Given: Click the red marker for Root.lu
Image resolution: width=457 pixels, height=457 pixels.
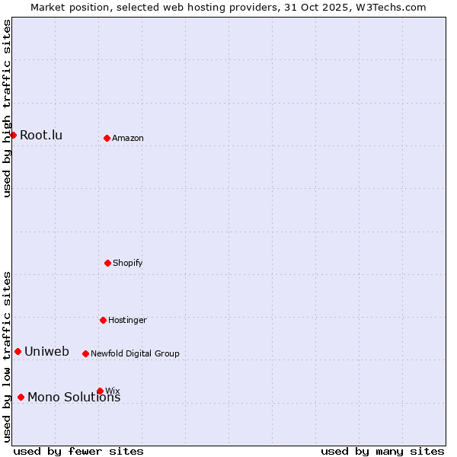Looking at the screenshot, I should click(13, 135).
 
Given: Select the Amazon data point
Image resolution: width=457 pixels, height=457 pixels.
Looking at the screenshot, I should click(107, 138).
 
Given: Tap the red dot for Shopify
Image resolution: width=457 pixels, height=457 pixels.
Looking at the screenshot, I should click(107, 263).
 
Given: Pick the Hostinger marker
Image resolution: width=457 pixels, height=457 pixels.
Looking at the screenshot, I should click(103, 320).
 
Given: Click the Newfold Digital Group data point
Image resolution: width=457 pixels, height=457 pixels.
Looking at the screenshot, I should click(85, 353).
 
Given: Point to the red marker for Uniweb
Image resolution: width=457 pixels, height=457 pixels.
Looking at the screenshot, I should click(18, 351).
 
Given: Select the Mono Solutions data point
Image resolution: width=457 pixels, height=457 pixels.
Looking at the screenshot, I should click(21, 397).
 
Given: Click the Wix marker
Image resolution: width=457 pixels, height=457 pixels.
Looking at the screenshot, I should click(100, 391).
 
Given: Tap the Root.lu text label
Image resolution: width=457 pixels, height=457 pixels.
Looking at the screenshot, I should click(41, 136).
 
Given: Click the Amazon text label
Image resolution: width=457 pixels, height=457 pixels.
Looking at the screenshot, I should click(128, 139).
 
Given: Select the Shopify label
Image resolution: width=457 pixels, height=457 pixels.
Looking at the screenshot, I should click(128, 264).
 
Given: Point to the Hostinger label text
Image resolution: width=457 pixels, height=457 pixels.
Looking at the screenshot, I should click(127, 321).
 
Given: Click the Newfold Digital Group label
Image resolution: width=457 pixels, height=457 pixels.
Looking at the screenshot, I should click(135, 354).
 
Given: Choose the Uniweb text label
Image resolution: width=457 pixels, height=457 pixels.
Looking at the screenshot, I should click(46, 352).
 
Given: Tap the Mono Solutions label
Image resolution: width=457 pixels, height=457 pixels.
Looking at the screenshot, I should click(74, 398).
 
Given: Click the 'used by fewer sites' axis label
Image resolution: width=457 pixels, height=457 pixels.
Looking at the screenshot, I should click(78, 452).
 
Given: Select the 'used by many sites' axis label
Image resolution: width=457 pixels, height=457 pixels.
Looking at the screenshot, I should click(382, 452).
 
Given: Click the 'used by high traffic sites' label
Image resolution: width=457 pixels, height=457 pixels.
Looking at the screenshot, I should click(7, 108).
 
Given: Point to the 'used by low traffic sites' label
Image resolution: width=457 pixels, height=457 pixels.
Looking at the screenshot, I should click(7, 356).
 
